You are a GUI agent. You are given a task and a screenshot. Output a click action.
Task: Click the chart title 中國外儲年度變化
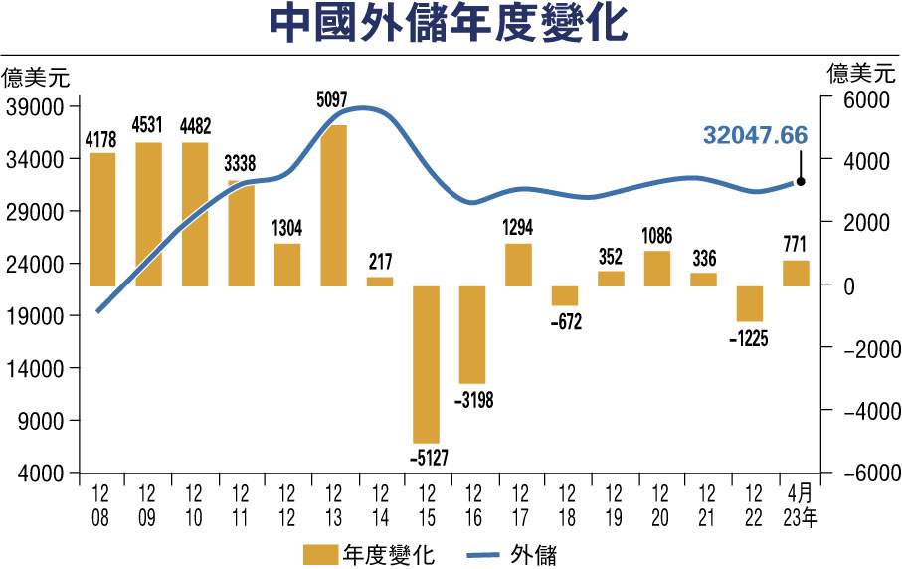[x=451, y=26]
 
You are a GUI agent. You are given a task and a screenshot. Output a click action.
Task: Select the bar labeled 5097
[x=333, y=206]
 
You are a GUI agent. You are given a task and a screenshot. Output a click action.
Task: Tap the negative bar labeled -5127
[x=426, y=364]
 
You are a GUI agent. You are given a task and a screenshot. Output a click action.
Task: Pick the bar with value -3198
[x=472, y=334]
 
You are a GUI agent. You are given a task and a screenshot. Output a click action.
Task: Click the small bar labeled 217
[x=380, y=282]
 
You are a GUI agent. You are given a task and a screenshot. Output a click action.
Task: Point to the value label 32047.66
[x=755, y=136]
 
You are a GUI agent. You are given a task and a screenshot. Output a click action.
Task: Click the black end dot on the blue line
[x=801, y=182]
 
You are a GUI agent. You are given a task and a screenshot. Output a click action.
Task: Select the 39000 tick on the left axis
[x=35, y=106]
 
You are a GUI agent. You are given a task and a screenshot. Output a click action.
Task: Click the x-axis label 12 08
[x=101, y=502]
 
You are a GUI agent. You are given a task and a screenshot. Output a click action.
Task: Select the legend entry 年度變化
[x=368, y=552]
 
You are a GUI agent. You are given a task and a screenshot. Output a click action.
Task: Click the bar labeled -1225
[x=749, y=303]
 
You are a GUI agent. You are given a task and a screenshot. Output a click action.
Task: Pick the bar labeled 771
[x=795, y=274]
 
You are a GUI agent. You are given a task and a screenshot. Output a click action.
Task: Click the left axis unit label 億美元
[x=36, y=76]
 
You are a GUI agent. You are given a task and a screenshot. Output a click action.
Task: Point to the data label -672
[x=565, y=321]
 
